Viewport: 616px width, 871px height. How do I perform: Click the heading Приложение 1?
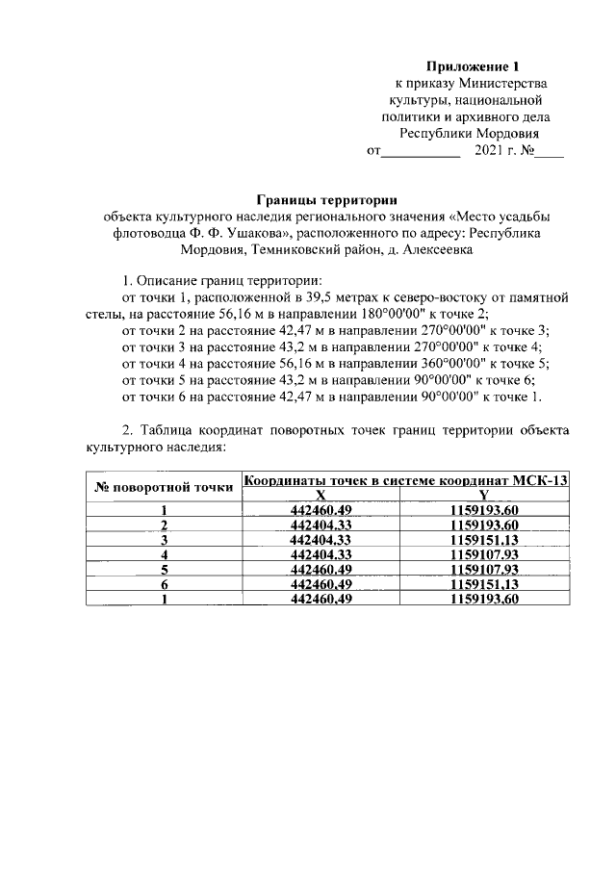[x=472, y=66]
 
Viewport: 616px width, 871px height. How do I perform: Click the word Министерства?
[x=505, y=84]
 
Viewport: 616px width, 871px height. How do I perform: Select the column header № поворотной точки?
[x=164, y=487]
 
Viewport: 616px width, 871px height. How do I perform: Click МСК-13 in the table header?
[x=540, y=480]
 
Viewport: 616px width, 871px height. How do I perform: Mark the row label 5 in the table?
[x=165, y=570]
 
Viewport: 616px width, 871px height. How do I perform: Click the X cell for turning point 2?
[x=322, y=525]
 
